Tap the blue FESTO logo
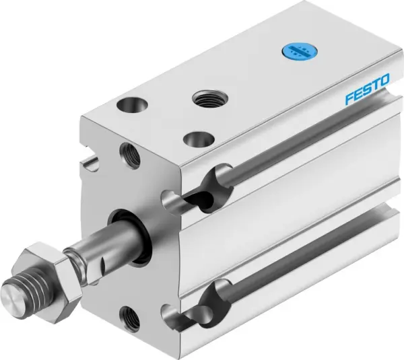pos(367,91)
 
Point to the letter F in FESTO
pos(349,99)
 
